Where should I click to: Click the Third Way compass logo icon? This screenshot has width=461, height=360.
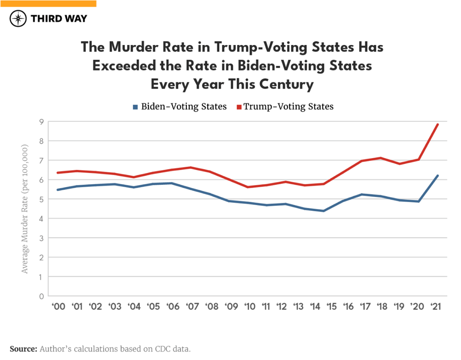coord(18,19)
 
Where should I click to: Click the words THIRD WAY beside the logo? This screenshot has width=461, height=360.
coord(59,19)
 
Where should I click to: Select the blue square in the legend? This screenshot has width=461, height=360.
coord(135,107)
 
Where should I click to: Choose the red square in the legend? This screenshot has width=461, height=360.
coord(239,107)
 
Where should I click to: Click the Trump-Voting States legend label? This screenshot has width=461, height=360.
coord(289,107)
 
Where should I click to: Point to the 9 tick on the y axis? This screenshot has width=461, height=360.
coord(41,122)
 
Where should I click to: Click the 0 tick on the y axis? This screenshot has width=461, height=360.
coord(41,296)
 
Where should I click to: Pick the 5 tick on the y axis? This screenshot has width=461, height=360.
coord(41,199)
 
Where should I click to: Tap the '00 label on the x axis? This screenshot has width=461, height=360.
coord(58,307)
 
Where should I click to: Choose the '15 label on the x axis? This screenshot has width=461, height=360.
coord(331,307)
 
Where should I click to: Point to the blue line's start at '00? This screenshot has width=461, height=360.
coord(57,190)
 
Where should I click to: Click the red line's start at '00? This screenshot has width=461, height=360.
coord(57,172)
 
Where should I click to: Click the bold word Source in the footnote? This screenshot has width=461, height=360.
coord(23,349)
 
